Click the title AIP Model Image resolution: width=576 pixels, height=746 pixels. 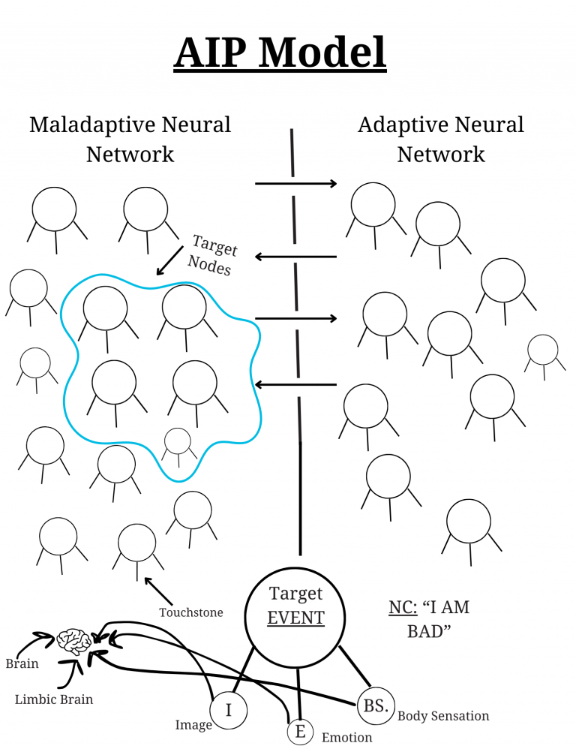(x=280, y=53)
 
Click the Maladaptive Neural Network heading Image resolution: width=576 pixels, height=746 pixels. (x=130, y=139)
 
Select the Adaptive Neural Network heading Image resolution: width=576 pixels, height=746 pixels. (x=441, y=139)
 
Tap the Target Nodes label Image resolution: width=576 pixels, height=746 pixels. (x=212, y=255)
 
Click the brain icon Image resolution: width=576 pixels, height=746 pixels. (x=75, y=640)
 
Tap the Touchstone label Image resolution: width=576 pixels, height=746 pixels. (x=190, y=612)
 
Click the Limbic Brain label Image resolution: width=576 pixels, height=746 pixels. (x=54, y=699)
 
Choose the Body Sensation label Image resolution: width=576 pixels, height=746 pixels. (x=443, y=716)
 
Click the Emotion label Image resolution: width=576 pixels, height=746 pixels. (x=346, y=737)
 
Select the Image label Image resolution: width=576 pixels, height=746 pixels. (x=193, y=725)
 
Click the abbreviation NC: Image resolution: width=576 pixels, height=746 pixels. (x=402, y=607)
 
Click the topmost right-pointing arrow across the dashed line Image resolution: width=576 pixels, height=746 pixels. (x=296, y=183)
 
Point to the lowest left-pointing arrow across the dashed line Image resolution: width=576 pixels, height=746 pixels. (x=296, y=385)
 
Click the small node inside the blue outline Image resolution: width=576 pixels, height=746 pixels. (x=177, y=441)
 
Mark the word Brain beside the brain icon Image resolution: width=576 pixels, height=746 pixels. (x=22, y=663)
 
